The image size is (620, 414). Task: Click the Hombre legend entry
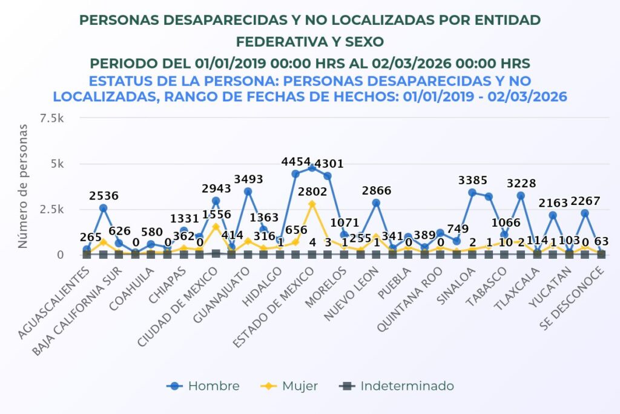(x=205, y=386)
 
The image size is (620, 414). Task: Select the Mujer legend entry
(x=291, y=386)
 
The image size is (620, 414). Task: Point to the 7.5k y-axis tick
(x=53, y=118)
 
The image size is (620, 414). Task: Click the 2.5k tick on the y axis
(x=53, y=209)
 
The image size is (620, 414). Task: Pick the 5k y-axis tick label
(x=57, y=164)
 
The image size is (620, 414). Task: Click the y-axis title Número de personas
(x=22, y=185)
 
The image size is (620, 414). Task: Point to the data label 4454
(x=296, y=162)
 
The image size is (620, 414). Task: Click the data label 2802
(x=312, y=192)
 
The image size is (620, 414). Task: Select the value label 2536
(x=104, y=196)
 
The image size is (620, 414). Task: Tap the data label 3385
(x=472, y=180)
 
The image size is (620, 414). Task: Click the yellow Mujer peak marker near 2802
(x=312, y=204)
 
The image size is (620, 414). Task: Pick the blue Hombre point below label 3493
(x=248, y=192)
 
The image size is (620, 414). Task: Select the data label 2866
(x=377, y=190)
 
